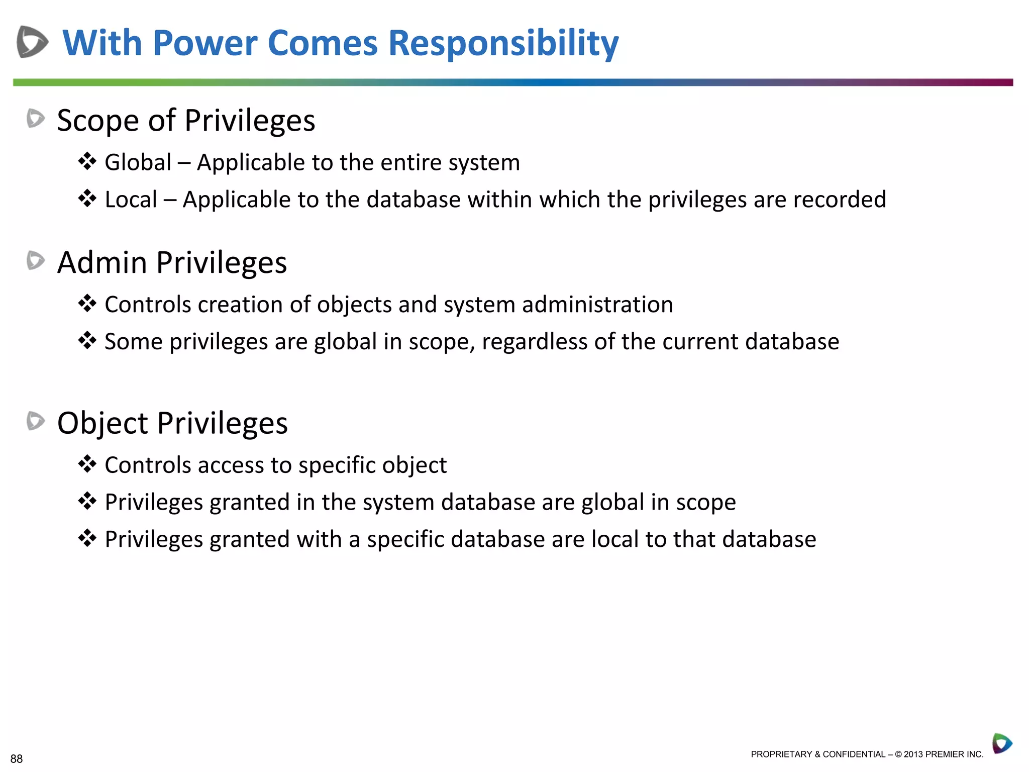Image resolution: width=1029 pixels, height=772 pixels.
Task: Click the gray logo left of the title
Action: click(x=32, y=42)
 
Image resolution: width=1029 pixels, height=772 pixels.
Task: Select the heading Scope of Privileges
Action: click(x=186, y=121)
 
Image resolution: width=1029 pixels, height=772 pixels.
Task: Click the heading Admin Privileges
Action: click(x=172, y=262)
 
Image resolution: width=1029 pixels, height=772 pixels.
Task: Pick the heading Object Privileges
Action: click(x=172, y=423)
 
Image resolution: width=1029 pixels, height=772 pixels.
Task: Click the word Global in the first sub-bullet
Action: click(x=138, y=162)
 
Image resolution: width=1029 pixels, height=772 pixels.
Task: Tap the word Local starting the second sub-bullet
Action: click(x=131, y=200)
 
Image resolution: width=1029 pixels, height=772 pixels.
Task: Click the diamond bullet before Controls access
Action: click(x=87, y=464)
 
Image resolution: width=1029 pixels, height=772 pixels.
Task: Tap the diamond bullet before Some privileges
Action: click(x=87, y=341)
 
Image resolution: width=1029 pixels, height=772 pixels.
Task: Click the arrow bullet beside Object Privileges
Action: click(x=36, y=421)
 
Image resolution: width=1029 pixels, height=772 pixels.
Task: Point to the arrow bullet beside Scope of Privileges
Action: click(x=36, y=119)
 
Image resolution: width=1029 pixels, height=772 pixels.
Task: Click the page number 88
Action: click(x=17, y=758)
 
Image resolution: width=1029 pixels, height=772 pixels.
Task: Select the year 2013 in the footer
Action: click(x=913, y=754)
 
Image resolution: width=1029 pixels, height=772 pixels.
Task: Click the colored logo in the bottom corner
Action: click(x=1002, y=743)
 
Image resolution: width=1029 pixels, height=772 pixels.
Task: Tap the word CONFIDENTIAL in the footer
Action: click(x=854, y=754)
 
